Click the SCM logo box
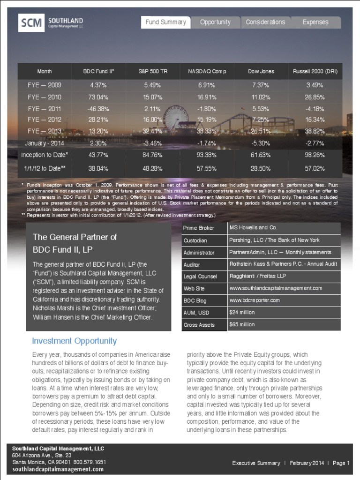[x=31, y=22]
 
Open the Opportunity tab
[x=215, y=22]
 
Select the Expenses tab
[x=315, y=22]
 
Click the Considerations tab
[x=265, y=22]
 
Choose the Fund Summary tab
[x=166, y=22]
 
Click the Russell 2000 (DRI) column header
[x=315, y=71]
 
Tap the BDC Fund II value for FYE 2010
[x=98, y=97]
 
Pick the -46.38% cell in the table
[x=98, y=109]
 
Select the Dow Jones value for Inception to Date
[x=261, y=154]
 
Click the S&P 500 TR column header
[x=150, y=71]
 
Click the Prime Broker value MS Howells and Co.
[x=253, y=227]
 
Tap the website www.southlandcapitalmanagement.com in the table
[x=276, y=288]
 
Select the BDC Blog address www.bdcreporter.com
[x=255, y=300]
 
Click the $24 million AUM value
[x=242, y=312]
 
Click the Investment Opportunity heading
[x=74, y=341]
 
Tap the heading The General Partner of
[x=75, y=237]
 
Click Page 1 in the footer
[x=341, y=463]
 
